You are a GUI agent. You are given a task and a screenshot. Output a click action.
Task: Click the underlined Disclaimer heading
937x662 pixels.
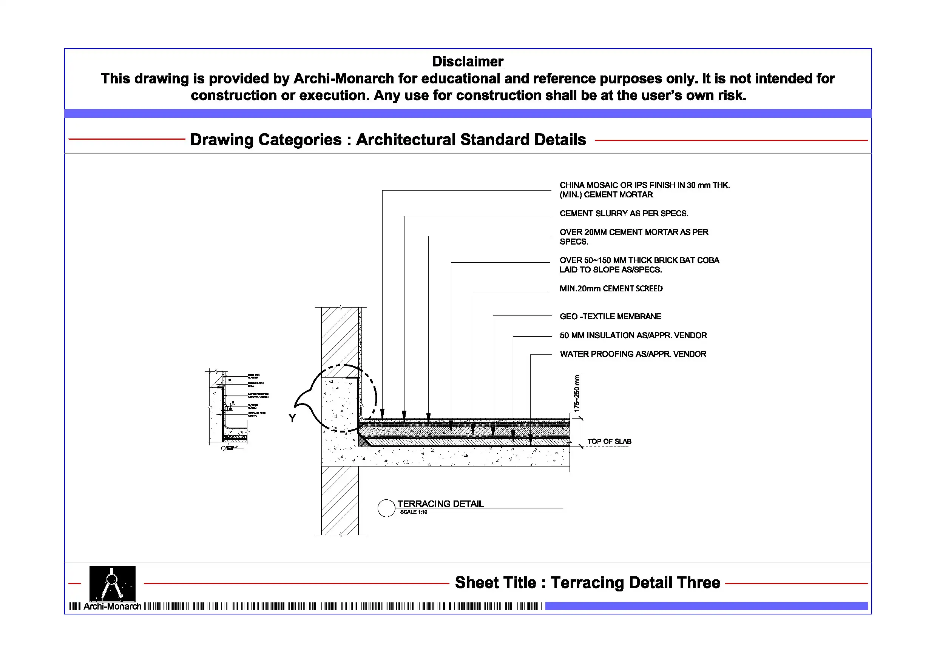pos(467,62)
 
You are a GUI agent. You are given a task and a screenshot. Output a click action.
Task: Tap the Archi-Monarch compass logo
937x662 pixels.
pos(112,583)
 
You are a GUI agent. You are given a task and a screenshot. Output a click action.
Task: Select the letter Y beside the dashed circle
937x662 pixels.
pos(292,418)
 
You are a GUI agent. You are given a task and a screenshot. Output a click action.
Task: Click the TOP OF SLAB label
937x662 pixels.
pos(609,441)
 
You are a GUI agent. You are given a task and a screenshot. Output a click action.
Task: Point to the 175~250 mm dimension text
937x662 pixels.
pos(576,393)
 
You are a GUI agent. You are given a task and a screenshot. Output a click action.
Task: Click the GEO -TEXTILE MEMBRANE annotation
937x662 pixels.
pos(610,317)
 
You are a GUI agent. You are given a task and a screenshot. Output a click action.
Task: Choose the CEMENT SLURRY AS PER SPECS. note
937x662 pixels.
pos(624,213)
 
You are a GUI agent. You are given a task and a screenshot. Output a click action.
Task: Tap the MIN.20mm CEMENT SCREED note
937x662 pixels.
pos(611,289)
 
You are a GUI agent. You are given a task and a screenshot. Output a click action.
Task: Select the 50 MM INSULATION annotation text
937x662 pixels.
pos(633,335)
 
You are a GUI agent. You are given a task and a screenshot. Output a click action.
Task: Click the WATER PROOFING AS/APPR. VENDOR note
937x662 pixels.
pos(633,354)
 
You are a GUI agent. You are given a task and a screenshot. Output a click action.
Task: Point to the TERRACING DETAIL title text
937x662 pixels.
pos(440,504)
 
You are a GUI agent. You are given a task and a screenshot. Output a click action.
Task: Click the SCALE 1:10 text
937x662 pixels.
pos(414,512)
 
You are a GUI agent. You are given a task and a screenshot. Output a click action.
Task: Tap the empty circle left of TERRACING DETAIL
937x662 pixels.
pos(386,508)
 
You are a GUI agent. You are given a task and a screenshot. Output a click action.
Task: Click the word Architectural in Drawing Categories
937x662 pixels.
pos(406,140)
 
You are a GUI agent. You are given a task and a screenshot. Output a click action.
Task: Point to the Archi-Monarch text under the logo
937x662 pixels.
pos(112,606)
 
